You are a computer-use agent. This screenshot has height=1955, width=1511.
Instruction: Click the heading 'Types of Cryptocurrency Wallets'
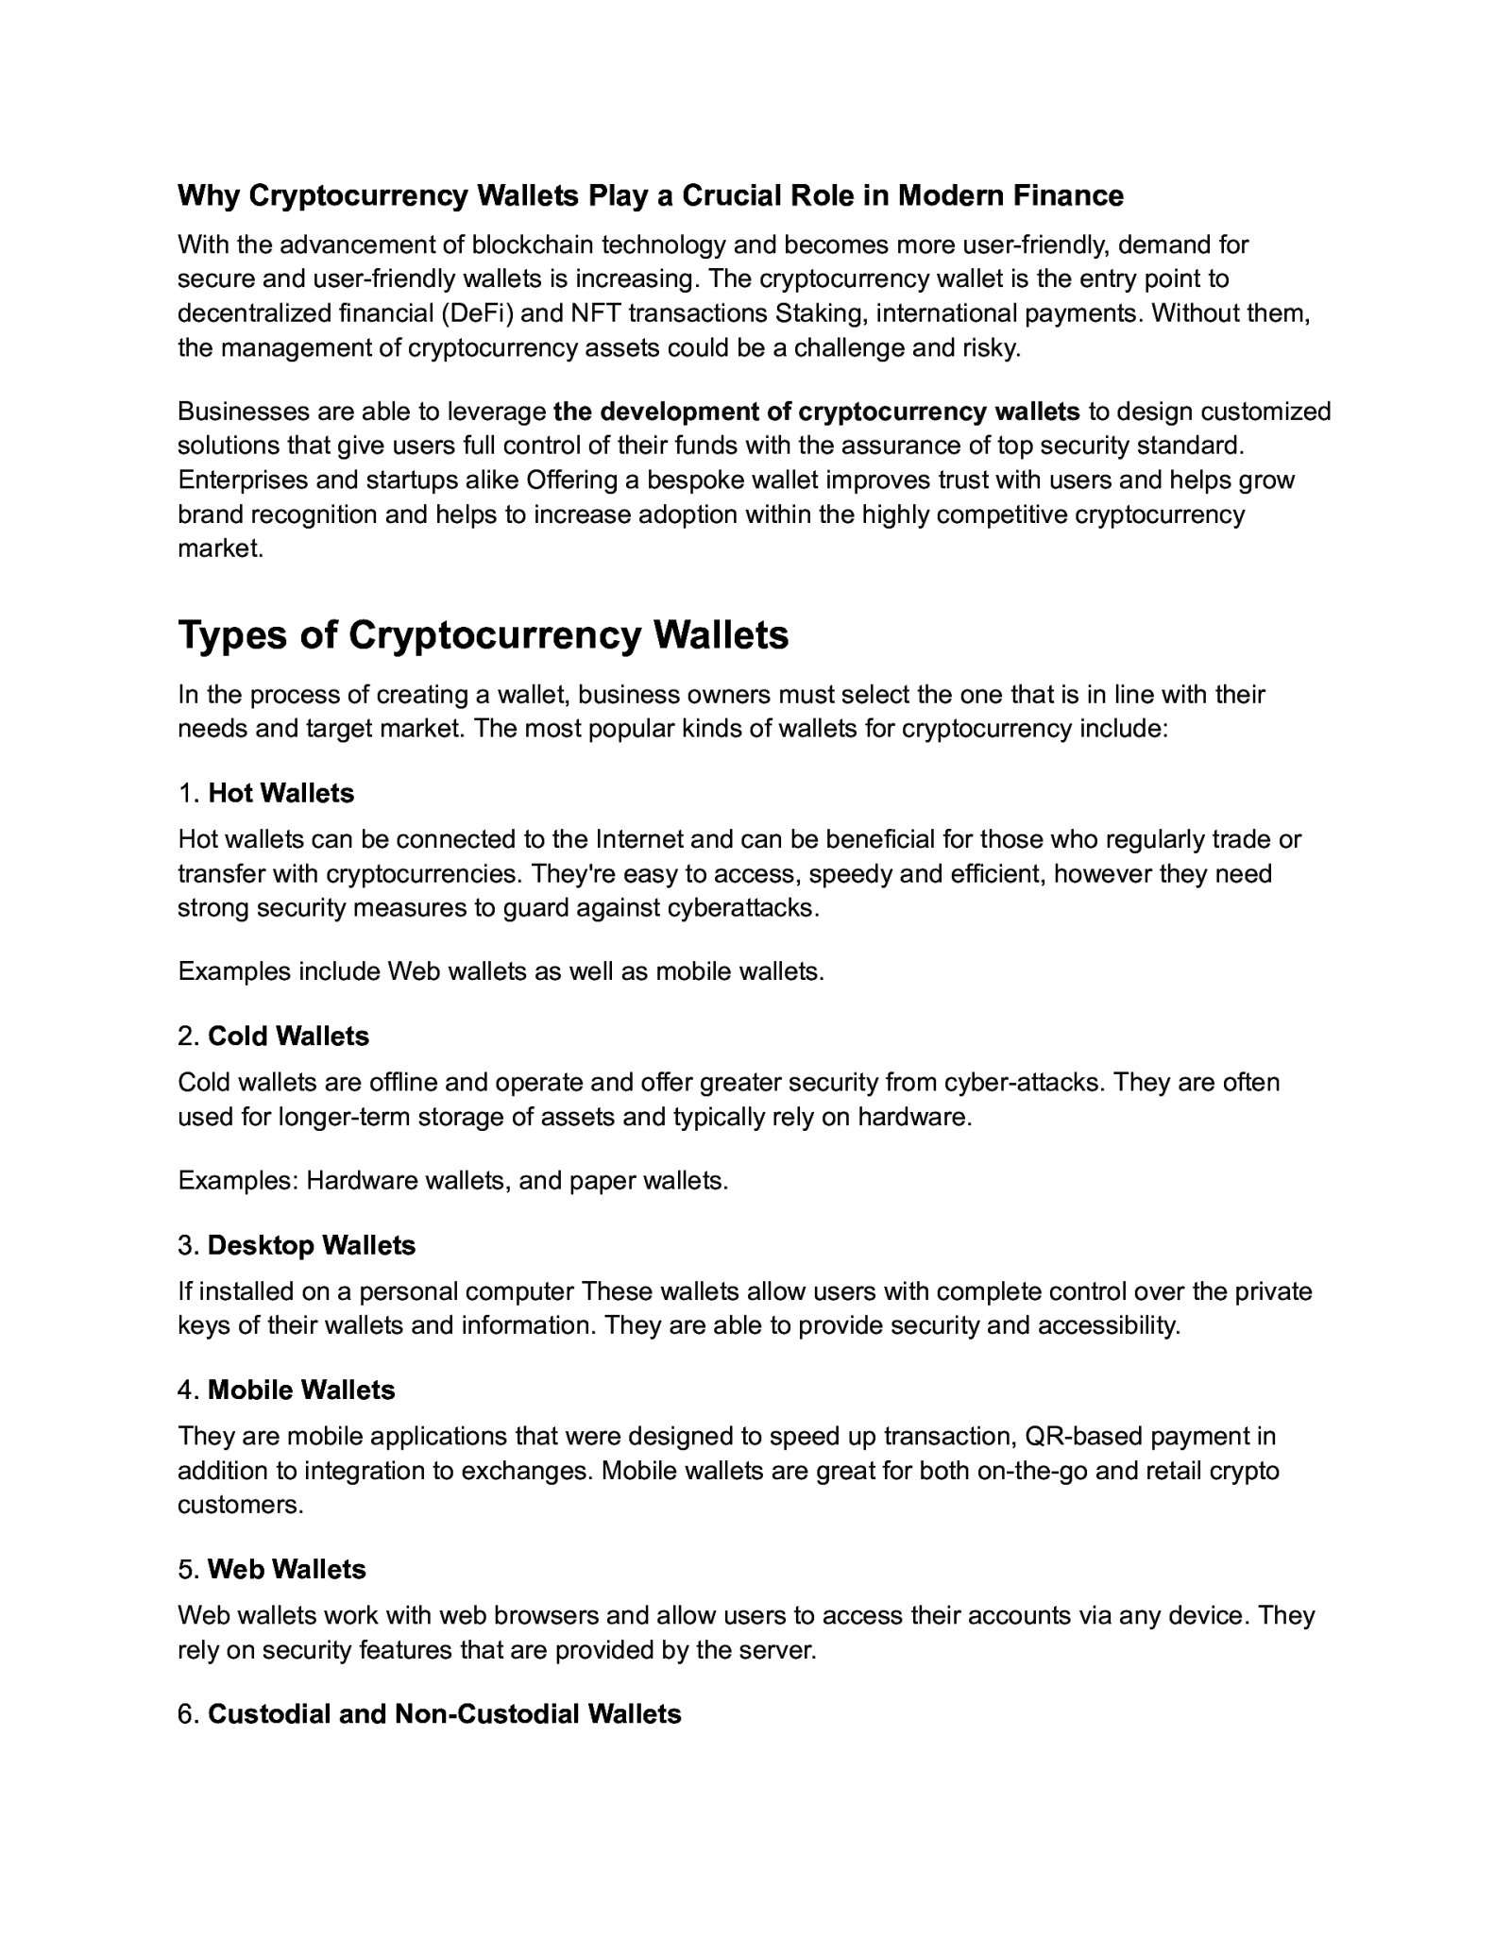pyautogui.click(x=483, y=635)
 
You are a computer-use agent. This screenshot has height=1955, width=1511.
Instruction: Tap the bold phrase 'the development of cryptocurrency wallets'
pyautogui.click(x=816, y=412)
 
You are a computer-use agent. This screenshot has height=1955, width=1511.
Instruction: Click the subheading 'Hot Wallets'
pyautogui.click(x=280, y=793)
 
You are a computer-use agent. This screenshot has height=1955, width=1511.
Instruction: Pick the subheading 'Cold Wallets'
pyautogui.click(x=288, y=1036)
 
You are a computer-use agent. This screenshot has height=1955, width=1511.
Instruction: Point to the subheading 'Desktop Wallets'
pyautogui.click(x=311, y=1245)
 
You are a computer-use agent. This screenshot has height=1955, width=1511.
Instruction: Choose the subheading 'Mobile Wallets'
pyautogui.click(x=300, y=1390)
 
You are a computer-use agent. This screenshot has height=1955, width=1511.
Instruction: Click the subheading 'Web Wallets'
pyautogui.click(x=286, y=1569)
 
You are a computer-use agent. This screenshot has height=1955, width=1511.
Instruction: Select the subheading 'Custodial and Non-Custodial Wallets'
pyautogui.click(x=444, y=1713)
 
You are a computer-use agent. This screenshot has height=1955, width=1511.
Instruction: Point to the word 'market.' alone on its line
pyautogui.click(x=220, y=548)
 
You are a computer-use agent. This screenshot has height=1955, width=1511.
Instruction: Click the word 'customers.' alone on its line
pyautogui.click(x=241, y=1505)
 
